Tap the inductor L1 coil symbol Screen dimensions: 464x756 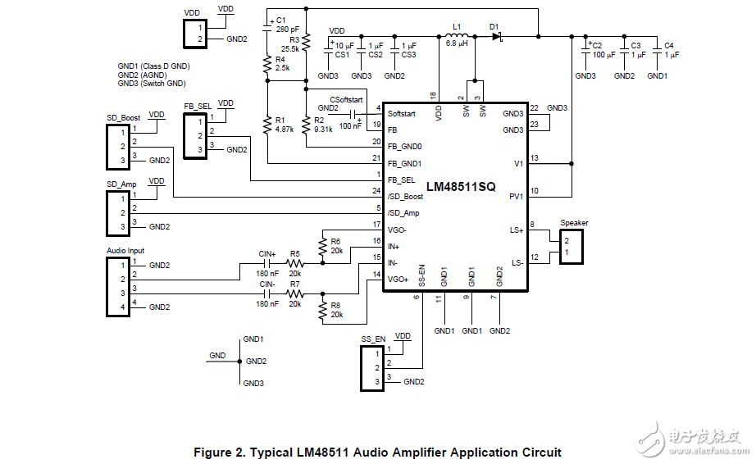click(458, 36)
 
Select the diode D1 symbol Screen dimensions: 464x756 click(496, 36)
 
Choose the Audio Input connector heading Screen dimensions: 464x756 click(125, 251)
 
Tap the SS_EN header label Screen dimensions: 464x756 click(373, 339)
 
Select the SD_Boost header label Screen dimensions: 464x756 click(123, 117)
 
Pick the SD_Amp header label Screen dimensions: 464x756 click(121, 184)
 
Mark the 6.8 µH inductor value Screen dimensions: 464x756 click(457, 44)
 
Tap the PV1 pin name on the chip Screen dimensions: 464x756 click(516, 197)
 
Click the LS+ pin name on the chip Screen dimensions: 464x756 click(517, 230)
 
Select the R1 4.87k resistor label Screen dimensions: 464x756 click(285, 125)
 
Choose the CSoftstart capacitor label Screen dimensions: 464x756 click(346, 99)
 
